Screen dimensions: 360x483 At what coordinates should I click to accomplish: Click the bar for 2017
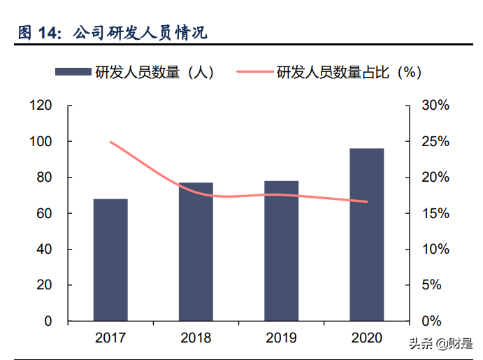tap(110, 259)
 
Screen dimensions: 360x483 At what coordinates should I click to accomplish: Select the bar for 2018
tap(196, 252)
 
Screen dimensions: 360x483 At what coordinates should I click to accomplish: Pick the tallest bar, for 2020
tap(367, 234)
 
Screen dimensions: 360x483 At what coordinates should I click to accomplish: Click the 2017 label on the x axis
tap(110, 338)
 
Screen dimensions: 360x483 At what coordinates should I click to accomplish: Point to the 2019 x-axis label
tap(282, 338)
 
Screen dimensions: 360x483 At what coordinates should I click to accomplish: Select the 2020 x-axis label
tap(367, 338)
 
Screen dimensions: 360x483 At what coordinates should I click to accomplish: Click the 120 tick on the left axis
tap(41, 106)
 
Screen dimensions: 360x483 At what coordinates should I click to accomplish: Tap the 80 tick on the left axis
tap(43, 178)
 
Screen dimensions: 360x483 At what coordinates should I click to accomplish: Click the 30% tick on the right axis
tap(435, 106)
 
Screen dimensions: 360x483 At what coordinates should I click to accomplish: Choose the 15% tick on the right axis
tap(435, 213)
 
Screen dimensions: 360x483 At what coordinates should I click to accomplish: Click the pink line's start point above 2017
tap(110, 142)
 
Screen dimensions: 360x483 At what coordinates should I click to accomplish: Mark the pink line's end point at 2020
tap(367, 202)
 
